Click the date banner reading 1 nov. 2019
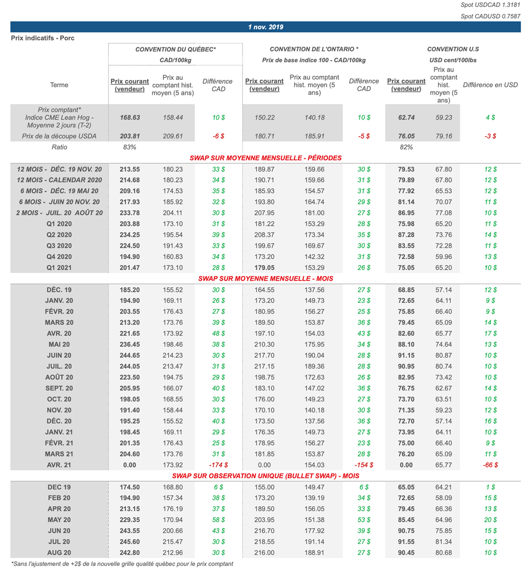click(x=265, y=27)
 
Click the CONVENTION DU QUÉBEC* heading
click(x=175, y=49)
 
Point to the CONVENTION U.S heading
click(x=453, y=49)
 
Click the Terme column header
click(x=59, y=85)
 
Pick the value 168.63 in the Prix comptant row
click(x=130, y=118)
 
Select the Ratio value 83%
click(x=130, y=147)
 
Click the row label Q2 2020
click(x=59, y=235)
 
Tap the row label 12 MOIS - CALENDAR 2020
click(x=59, y=180)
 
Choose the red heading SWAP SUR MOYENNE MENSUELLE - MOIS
click(x=265, y=279)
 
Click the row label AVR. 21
click(x=59, y=465)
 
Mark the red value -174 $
click(x=218, y=465)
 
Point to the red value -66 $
click(x=490, y=465)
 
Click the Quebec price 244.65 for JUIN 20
click(x=130, y=355)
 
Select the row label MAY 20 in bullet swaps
click(x=59, y=520)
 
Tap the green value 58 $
click(x=218, y=520)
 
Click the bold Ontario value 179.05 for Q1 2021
click(x=264, y=268)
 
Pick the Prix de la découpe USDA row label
click(x=59, y=136)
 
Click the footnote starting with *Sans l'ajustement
click(x=122, y=564)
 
